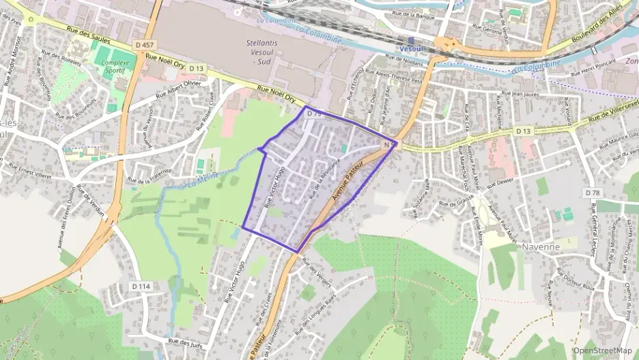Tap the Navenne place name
pyautogui.click(x=541, y=246)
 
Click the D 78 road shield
pyautogui.click(x=592, y=193)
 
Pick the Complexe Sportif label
pyautogui.click(x=115, y=66)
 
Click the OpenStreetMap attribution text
pyautogui.click(x=602, y=350)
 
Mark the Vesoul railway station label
pyautogui.click(x=411, y=49)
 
